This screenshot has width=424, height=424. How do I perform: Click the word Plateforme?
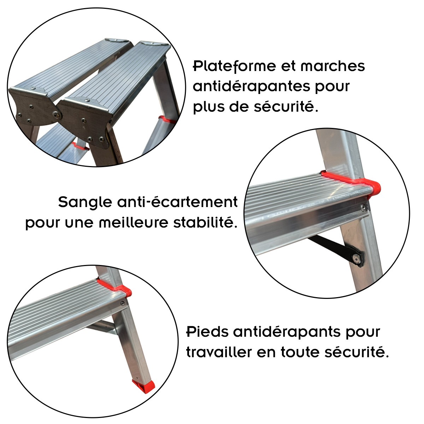234,66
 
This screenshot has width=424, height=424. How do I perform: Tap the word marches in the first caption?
332,66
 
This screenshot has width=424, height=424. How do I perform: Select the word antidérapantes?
252,87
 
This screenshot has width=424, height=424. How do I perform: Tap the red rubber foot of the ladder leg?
143,386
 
